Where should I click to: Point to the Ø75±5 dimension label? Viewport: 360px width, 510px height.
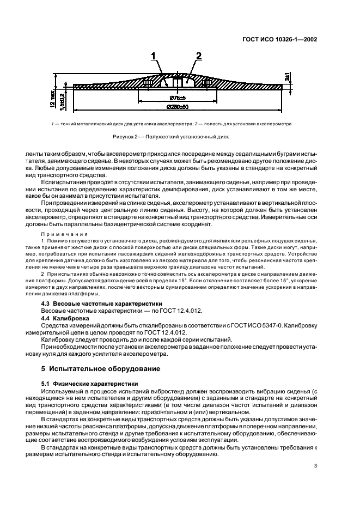[170, 98]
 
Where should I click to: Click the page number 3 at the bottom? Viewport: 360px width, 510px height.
[315, 465]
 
